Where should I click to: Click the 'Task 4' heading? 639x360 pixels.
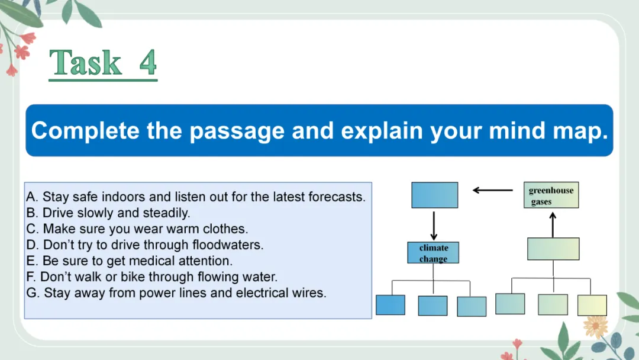(x=103, y=63)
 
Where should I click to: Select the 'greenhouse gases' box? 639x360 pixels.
(x=551, y=195)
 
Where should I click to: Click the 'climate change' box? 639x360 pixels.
(x=433, y=253)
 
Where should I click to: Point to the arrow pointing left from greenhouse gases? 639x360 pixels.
(x=493, y=190)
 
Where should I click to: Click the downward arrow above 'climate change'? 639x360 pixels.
(x=434, y=226)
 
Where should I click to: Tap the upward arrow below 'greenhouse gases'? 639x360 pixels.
(x=553, y=224)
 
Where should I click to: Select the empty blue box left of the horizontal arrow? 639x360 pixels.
(x=434, y=195)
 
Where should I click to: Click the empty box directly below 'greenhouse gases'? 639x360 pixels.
(x=553, y=249)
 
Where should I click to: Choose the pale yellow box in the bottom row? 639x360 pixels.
(x=592, y=305)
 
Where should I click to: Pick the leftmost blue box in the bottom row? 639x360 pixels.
(x=390, y=305)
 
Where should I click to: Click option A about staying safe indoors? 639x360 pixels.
(x=196, y=197)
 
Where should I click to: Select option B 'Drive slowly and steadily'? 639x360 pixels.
(x=108, y=213)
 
